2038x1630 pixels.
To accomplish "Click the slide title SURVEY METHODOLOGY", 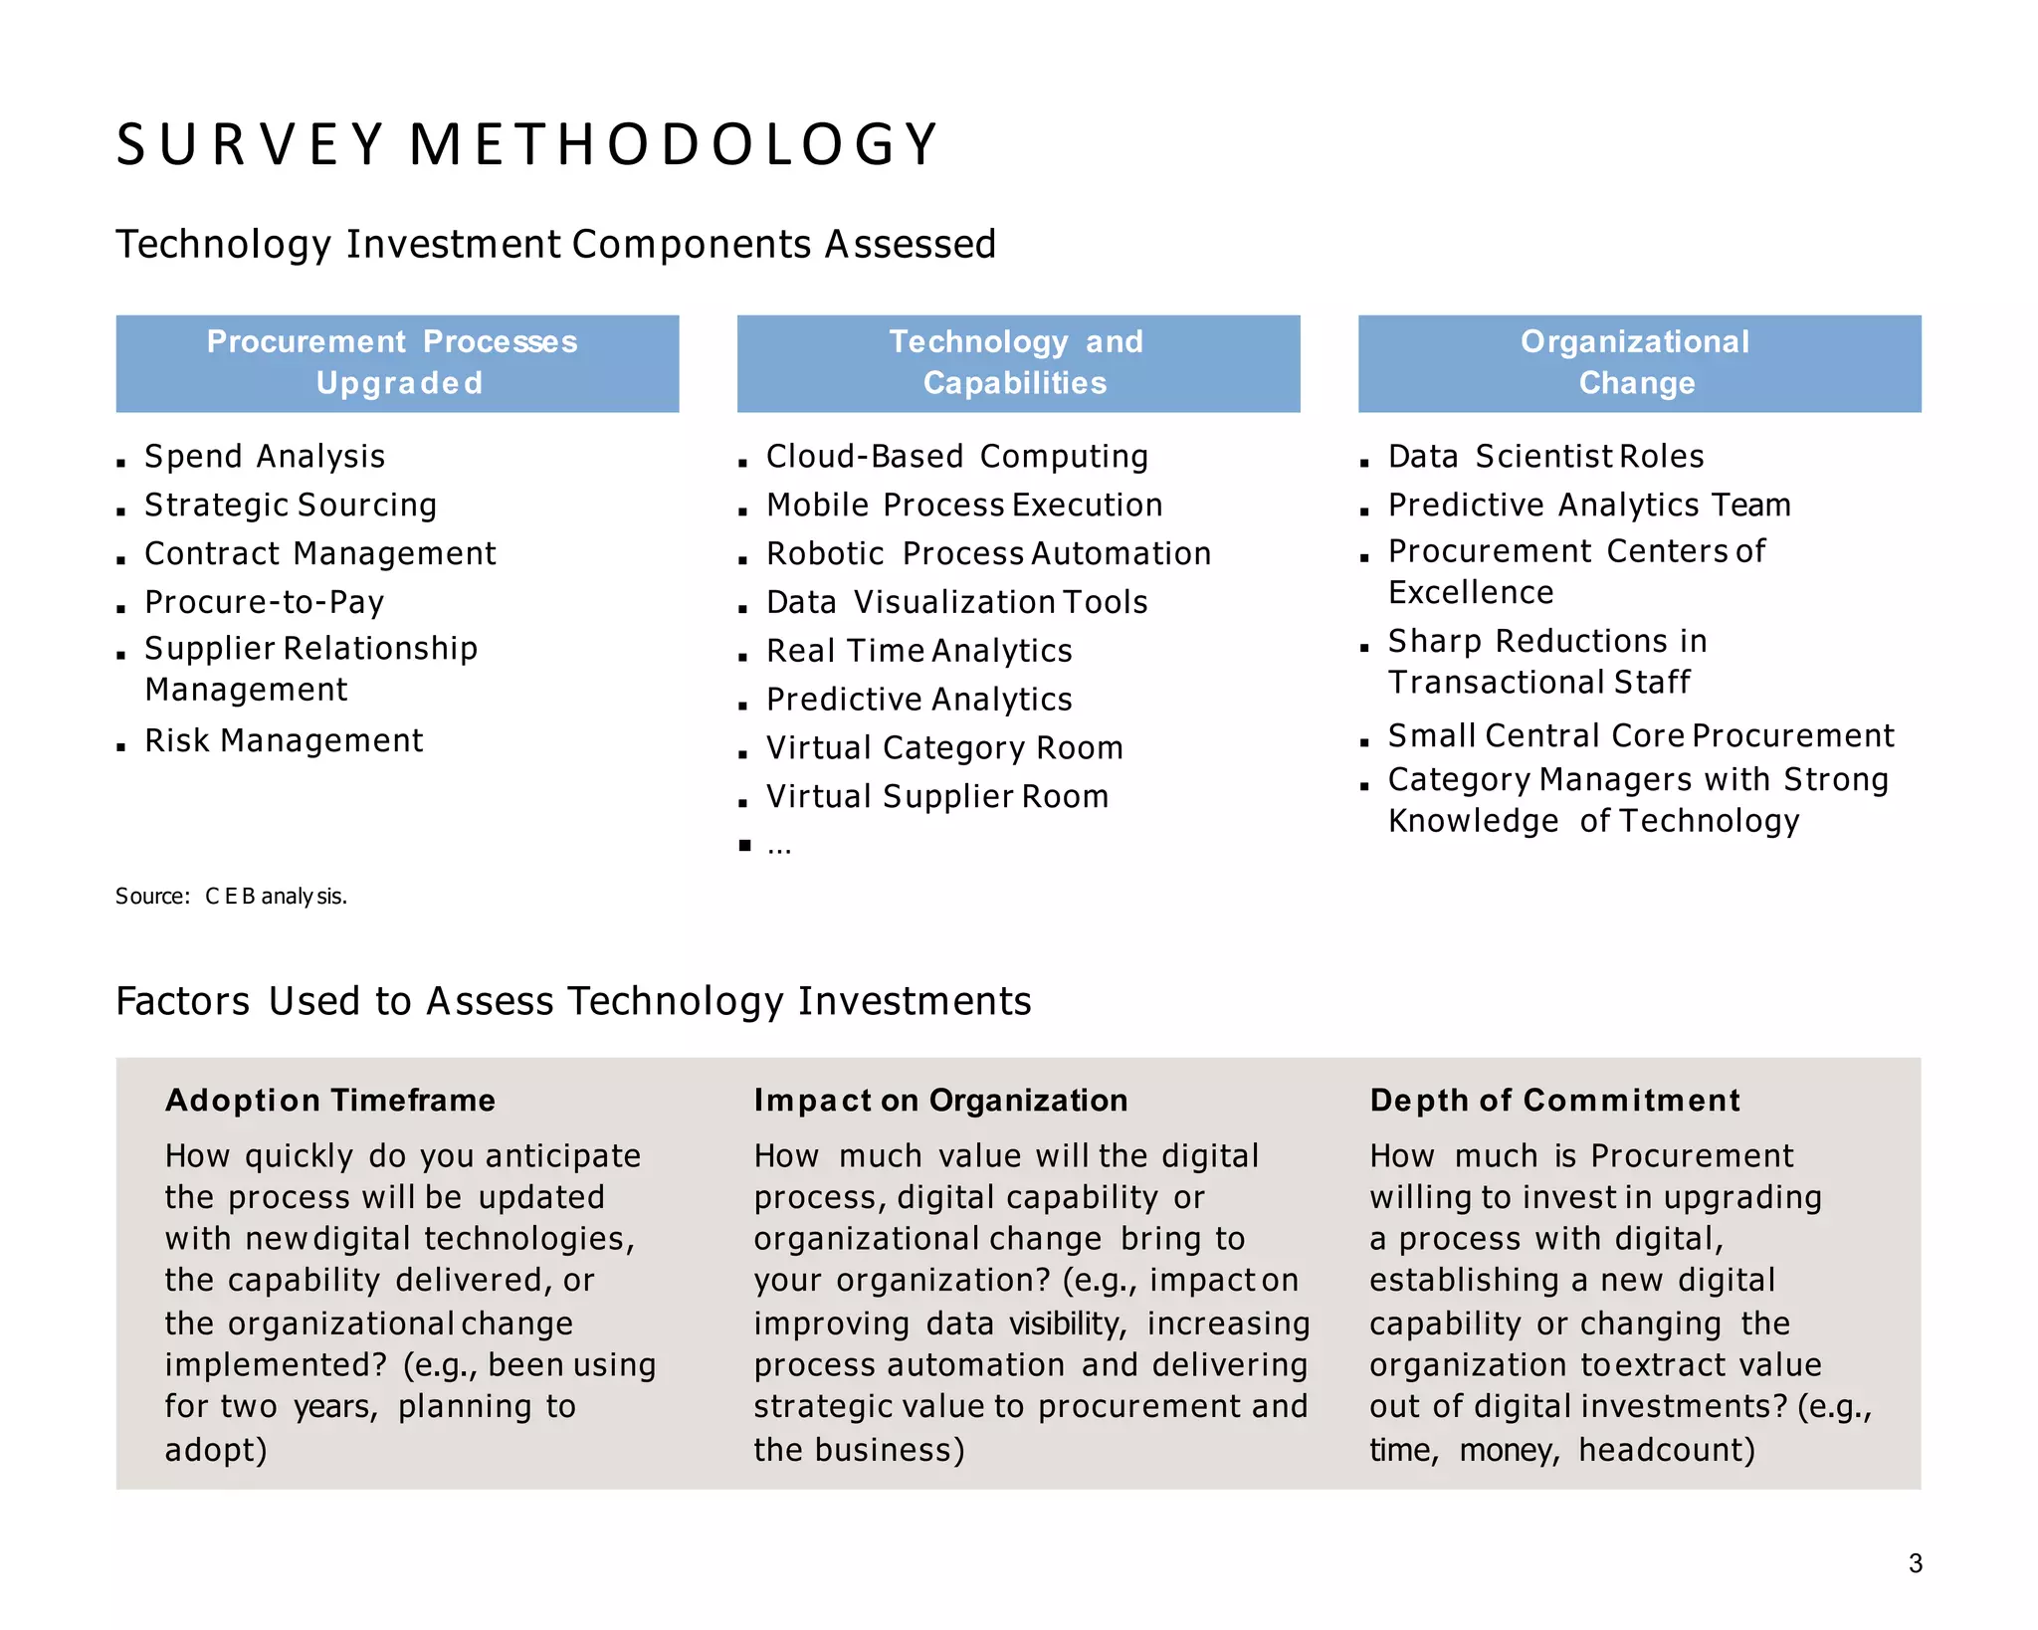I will [527, 144].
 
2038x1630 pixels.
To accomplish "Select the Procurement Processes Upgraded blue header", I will [397, 363].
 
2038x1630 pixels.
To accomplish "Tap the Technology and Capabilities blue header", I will [1017, 363].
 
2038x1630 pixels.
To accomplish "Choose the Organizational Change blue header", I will [1638, 363].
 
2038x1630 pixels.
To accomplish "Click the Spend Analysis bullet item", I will [265, 457].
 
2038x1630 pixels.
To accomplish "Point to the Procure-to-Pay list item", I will [265, 603].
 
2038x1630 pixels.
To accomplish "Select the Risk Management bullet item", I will [284, 741].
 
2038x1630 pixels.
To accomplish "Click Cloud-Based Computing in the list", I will [956, 457].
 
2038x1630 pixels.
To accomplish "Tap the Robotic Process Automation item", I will [988, 554].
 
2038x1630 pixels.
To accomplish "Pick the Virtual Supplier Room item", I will [936, 797].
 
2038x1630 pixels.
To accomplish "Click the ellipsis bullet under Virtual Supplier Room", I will [778, 847].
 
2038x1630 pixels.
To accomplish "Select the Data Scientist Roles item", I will [1545, 457].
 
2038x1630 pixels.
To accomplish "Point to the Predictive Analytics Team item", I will [1589, 506].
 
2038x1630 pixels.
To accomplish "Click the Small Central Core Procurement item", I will [1640, 736].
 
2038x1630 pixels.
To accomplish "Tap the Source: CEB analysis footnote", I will [231, 897].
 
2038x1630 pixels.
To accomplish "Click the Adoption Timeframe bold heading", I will [330, 1101].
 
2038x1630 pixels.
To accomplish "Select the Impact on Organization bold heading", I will [940, 1101].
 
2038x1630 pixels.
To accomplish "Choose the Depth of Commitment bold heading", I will [1554, 1101].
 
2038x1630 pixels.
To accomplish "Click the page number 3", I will [1915, 1563].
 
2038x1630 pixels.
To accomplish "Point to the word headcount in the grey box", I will [1666, 1451].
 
